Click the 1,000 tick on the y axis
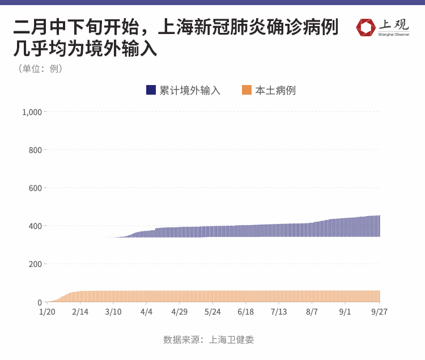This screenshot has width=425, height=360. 32,112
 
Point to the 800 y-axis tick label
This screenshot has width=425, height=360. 35,150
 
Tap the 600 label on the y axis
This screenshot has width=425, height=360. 35,188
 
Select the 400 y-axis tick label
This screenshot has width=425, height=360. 35,226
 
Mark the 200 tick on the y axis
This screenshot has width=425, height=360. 35,264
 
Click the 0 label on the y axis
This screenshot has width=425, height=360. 40,302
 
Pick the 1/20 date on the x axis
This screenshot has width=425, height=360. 47,312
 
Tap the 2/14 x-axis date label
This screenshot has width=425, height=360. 80,312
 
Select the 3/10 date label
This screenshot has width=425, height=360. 113,312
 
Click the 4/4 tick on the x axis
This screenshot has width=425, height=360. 146,312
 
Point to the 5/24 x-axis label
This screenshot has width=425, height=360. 212,312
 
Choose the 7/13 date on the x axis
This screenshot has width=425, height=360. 279,312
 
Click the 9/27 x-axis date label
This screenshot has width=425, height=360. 379,312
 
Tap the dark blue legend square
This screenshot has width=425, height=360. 151,90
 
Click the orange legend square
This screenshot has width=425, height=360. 246,90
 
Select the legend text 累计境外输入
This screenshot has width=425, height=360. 190,90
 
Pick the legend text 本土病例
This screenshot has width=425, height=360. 275,90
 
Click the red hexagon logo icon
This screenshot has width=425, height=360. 365,27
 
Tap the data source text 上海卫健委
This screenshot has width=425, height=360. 231,340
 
